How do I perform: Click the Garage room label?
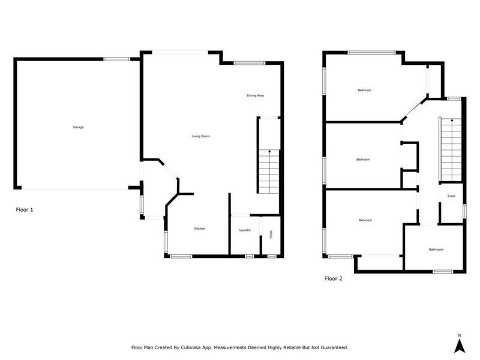78,127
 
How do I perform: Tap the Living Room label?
200,136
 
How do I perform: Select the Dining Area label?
256,95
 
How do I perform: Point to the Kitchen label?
200,229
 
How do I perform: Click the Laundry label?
245,230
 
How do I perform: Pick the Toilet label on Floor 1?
271,235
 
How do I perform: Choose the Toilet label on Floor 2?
451,196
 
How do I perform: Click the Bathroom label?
436,250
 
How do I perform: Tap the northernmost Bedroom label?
364,90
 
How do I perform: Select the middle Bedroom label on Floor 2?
362,159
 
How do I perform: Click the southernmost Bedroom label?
365,220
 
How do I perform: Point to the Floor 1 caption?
24,210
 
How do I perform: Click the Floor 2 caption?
334,278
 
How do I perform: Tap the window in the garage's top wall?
117,59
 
